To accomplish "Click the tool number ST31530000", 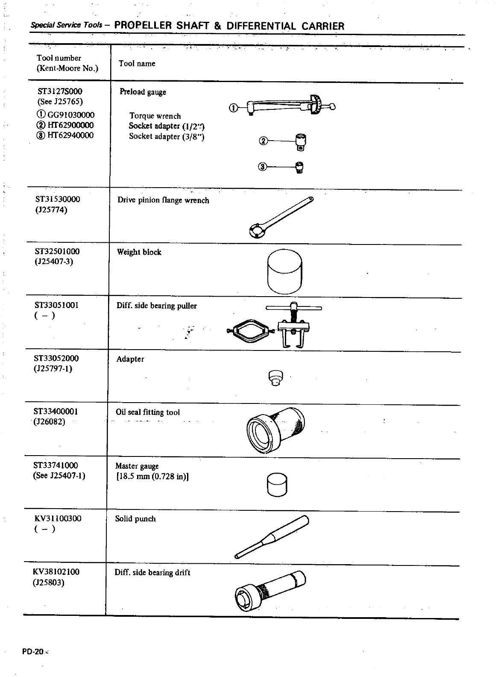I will coord(57,200).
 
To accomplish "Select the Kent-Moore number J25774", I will coord(51,210).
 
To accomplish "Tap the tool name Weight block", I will coord(139,252).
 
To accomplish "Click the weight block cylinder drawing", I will coord(284,271).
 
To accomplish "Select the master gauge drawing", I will coord(277,485).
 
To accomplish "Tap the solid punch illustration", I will coord(272,537).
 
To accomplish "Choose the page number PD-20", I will coord(33,652).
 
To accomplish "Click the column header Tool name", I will coord(137,64).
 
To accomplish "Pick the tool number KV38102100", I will coord(56,572).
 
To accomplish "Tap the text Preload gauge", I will coord(143,92).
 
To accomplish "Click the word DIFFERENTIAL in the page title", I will coord(261,26).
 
